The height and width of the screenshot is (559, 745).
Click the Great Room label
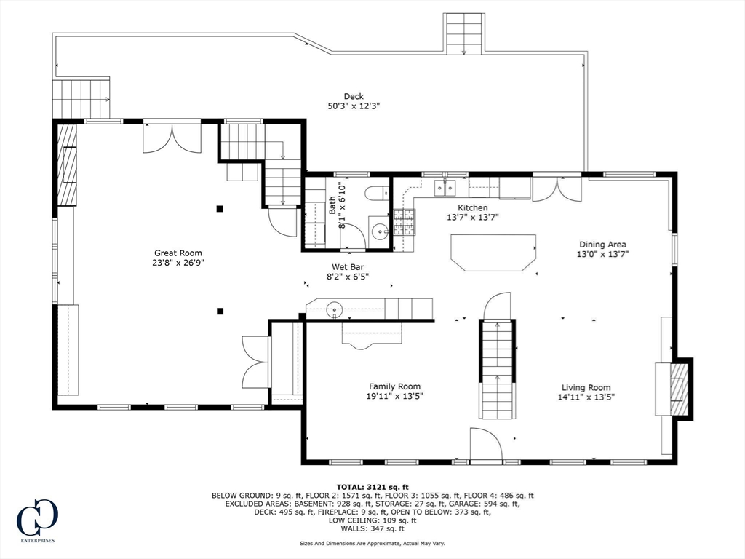[x=178, y=253]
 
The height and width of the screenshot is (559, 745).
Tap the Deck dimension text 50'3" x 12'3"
[x=354, y=106]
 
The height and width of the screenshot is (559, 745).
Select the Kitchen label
[x=473, y=207]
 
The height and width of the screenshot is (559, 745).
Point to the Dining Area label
[x=602, y=245]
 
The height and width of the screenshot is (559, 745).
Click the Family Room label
[x=395, y=386]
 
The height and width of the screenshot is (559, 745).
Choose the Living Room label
[x=586, y=387]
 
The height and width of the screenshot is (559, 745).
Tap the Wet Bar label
[x=348, y=267]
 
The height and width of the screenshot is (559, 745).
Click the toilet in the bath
[x=378, y=194]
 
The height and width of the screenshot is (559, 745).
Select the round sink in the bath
[x=380, y=232]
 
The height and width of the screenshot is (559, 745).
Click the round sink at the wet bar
[x=335, y=309]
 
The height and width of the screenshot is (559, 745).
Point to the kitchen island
[x=494, y=253]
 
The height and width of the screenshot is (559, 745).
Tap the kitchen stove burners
[x=405, y=223]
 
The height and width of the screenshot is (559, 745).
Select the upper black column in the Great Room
[x=220, y=208]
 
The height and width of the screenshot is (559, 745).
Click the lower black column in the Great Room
[x=220, y=312]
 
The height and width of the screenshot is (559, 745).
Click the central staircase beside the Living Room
[x=497, y=369]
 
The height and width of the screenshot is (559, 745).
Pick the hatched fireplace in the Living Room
[x=680, y=389]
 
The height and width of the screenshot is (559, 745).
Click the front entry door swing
[x=486, y=443]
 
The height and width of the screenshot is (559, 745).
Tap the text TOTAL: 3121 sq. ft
[x=372, y=487]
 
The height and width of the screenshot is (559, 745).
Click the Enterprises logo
[x=37, y=521]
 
